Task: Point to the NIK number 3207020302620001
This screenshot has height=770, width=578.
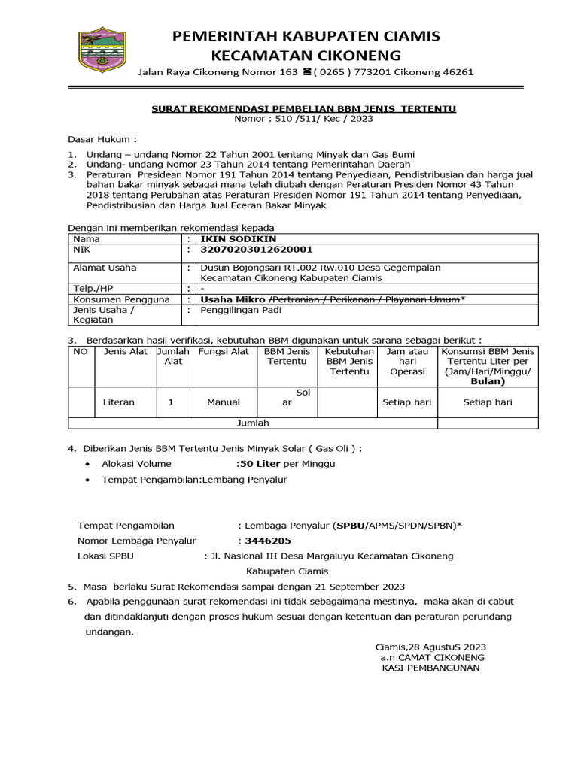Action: tap(255, 249)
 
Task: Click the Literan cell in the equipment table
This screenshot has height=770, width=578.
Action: tap(119, 402)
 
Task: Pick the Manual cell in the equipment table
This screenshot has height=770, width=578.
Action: tap(224, 402)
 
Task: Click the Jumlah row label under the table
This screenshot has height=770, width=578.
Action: tap(253, 423)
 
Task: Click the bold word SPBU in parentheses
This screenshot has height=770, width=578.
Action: tap(350, 526)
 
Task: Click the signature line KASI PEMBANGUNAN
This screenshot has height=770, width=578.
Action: tap(430, 668)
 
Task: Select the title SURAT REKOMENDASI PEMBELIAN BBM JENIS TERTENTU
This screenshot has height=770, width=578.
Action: tap(303, 108)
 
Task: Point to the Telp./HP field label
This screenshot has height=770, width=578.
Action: tap(94, 288)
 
